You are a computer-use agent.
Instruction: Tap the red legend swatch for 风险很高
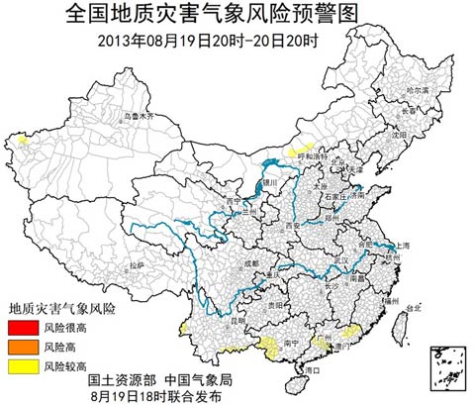tap(20, 327)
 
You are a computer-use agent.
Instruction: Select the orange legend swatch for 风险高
tap(20, 347)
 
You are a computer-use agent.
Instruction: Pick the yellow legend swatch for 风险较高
tap(20, 366)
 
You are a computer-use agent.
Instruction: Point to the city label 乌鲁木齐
tap(140, 117)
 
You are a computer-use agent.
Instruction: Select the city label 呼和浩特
tap(313, 156)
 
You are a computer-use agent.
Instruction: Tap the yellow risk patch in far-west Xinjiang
tap(22, 141)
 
